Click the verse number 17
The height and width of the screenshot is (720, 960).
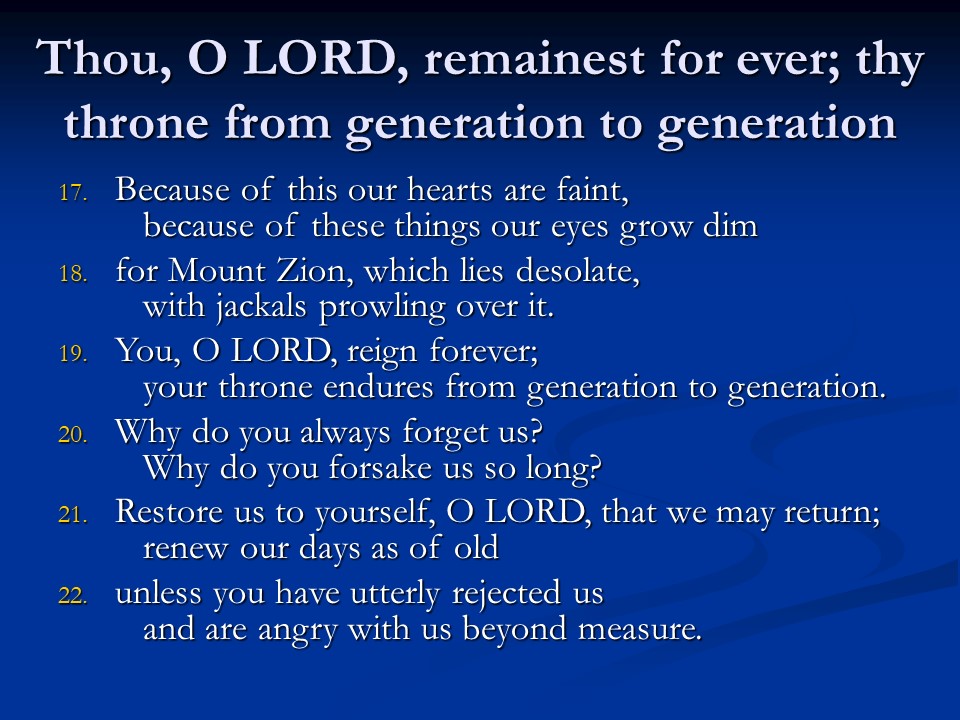coord(73,193)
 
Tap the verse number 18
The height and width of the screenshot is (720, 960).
coord(73,274)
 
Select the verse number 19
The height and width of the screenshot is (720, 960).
coord(73,354)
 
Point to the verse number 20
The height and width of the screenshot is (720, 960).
coord(73,435)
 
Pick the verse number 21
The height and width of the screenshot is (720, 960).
coord(73,515)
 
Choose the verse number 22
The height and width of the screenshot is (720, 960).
coord(73,596)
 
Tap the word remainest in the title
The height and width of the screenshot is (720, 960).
coord(533,60)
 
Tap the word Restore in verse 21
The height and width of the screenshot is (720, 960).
coord(168,511)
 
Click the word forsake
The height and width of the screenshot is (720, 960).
coord(380,468)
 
